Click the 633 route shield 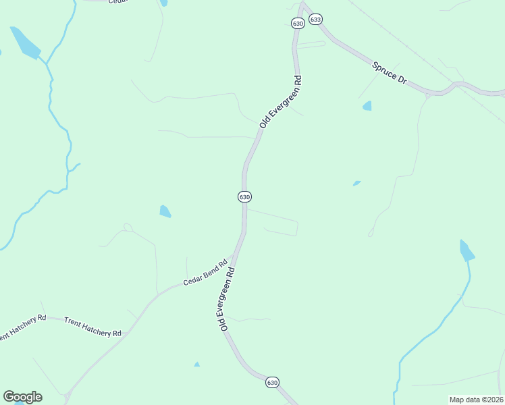click(315, 20)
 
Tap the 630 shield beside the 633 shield click(298, 24)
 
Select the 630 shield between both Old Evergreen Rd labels click(244, 196)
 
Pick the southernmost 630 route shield click(272, 382)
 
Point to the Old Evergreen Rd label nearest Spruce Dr click(280, 101)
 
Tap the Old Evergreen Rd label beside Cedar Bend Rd click(226, 298)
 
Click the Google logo click(22, 397)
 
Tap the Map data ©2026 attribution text click(475, 400)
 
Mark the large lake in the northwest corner click(25, 43)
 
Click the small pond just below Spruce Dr click(367, 106)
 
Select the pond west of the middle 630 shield click(165, 211)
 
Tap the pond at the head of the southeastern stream click(466, 250)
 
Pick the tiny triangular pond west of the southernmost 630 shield click(196, 364)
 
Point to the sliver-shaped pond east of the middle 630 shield click(356, 182)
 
